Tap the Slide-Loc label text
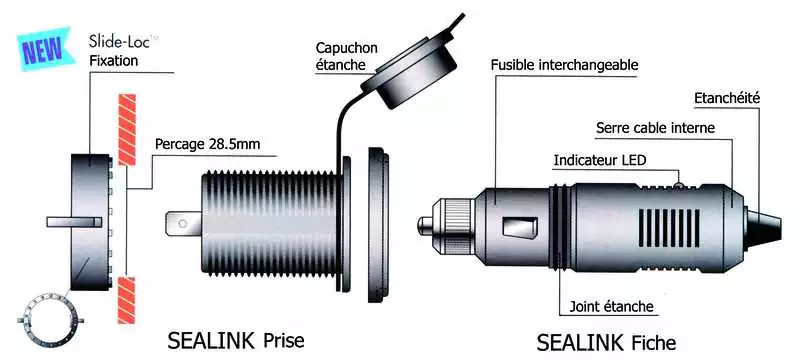click(120, 42)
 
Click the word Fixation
click(113, 61)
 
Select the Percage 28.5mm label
click(208, 144)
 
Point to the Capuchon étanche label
click(346, 56)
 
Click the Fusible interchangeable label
click(564, 65)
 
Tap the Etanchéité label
click(727, 98)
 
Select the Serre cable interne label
click(656, 127)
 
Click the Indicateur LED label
click(600, 160)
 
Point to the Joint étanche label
click(611, 306)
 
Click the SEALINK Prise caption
click(236, 341)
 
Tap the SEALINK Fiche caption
click(606, 342)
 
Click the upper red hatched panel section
click(127, 130)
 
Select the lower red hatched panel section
click(126, 300)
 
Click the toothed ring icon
click(48, 318)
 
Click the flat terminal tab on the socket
click(184, 223)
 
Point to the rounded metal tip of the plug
click(425, 225)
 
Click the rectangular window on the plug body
click(520, 227)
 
